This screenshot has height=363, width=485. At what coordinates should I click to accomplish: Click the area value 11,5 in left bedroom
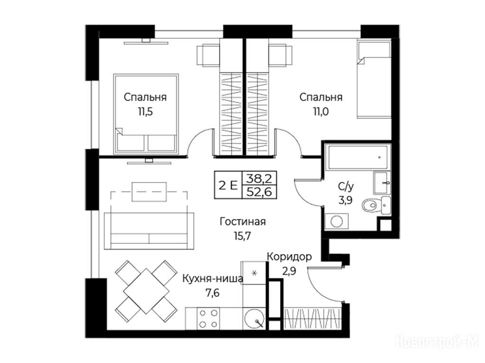pyautogui.click(x=145, y=112)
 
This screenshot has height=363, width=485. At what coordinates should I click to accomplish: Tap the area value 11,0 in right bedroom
pyautogui.click(x=321, y=112)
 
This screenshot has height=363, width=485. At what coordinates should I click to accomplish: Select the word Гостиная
pyautogui.click(x=242, y=222)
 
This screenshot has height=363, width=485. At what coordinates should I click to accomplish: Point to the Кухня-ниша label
pyautogui.click(x=213, y=278)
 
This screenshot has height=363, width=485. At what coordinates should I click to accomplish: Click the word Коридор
pyautogui.click(x=289, y=257)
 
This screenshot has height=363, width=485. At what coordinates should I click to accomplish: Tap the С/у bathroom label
pyautogui.click(x=346, y=186)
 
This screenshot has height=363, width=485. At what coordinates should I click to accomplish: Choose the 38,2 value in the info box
pyautogui.click(x=259, y=178)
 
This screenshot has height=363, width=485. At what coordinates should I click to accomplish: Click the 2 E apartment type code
pyautogui.click(x=228, y=185)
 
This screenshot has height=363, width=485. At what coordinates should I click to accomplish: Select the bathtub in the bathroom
pyautogui.click(x=358, y=157)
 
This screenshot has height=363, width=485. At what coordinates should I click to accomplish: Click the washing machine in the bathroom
pyautogui.click(x=337, y=221)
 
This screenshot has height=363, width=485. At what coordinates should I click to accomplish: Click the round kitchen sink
pyautogui.click(x=254, y=319)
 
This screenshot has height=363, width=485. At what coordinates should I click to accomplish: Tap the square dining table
pyautogui.click(x=146, y=291)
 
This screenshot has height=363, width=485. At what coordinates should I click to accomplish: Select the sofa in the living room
pyautogui.click(x=149, y=231)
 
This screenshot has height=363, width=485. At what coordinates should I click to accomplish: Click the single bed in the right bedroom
pyautogui.click(x=374, y=79)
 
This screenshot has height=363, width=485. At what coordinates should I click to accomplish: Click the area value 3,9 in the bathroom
pyautogui.click(x=345, y=200)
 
